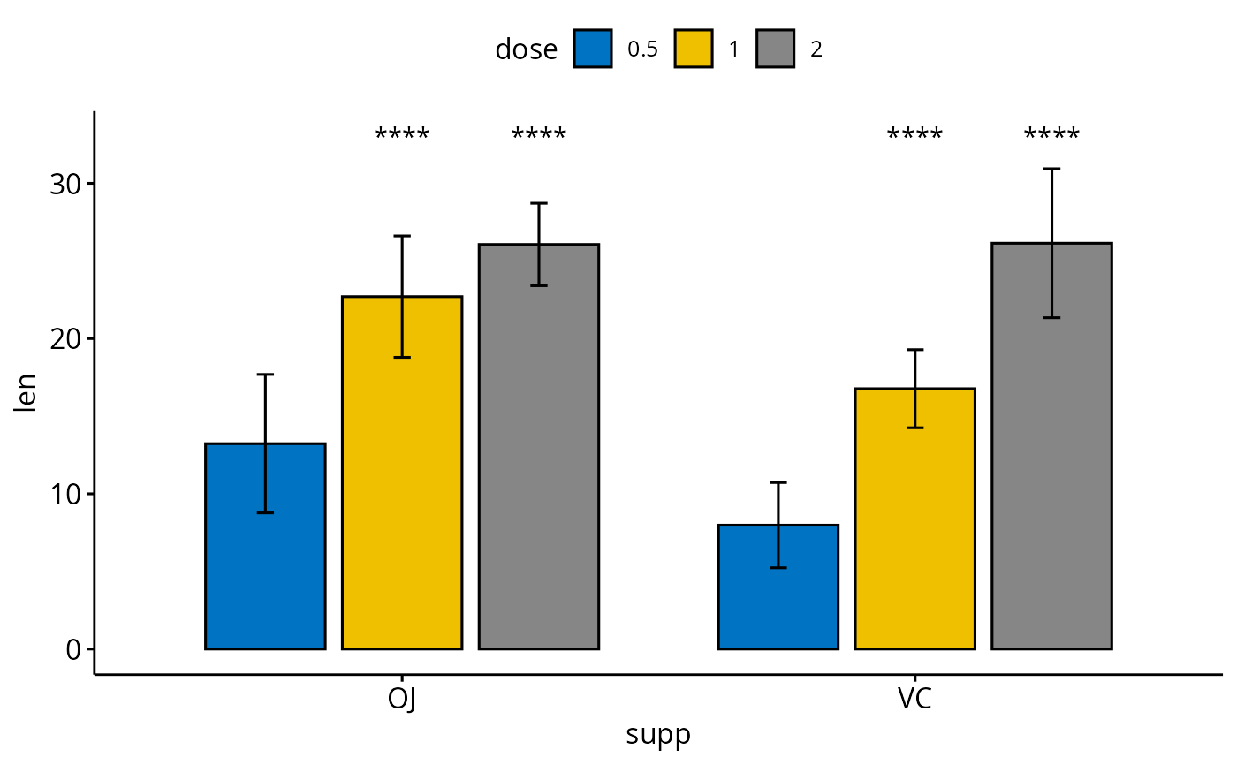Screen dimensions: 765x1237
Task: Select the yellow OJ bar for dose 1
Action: pos(402,495)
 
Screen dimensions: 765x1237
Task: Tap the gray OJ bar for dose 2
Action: pos(539,459)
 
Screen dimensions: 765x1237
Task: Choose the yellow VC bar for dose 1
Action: pos(914,530)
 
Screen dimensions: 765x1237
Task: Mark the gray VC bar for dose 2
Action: pos(1051,459)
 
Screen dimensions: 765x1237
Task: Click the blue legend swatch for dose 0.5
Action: pos(593,49)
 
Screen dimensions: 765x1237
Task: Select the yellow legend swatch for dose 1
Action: pos(694,49)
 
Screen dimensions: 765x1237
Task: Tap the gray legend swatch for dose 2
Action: pos(776,49)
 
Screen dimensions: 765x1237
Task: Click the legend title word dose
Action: pos(526,49)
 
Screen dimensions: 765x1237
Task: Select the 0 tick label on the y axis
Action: pos(72,648)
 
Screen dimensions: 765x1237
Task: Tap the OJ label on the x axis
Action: pos(402,700)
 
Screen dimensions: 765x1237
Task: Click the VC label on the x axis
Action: pos(914,700)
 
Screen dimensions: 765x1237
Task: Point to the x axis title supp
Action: pos(658,735)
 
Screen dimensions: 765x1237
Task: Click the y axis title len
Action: pos(27,394)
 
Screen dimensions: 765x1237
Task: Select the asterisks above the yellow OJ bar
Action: pos(402,135)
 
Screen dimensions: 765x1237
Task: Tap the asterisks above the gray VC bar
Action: pos(1051,135)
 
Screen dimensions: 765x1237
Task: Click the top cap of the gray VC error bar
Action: pos(1051,169)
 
